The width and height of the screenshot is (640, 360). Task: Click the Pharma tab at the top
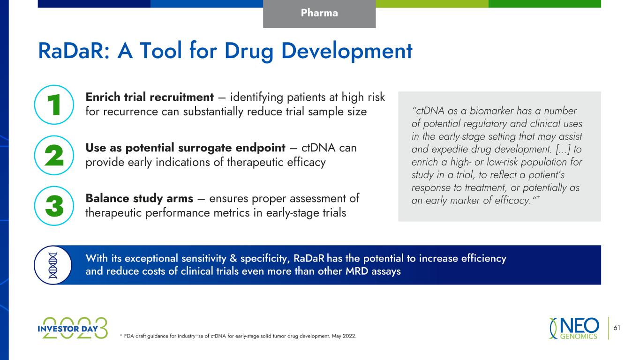click(319, 14)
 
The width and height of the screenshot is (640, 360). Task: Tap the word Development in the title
click(346, 52)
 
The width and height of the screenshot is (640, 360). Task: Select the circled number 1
click(54, 105)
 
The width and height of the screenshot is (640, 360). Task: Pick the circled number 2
click(54, 155)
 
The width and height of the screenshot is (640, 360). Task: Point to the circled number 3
click(54, 206)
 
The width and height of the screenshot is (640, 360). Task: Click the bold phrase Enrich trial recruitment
click(150, 97)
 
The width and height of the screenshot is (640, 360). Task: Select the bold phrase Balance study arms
click(139, 198)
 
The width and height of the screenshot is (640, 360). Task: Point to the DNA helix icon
click(53, 265)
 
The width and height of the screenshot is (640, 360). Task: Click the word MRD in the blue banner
click(357, 271)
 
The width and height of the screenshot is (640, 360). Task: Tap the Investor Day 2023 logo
click(73, 328)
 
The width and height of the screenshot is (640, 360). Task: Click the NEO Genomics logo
click(574, 328)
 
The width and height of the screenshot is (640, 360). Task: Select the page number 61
click(617, 328)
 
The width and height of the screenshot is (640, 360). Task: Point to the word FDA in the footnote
click(129, 336)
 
